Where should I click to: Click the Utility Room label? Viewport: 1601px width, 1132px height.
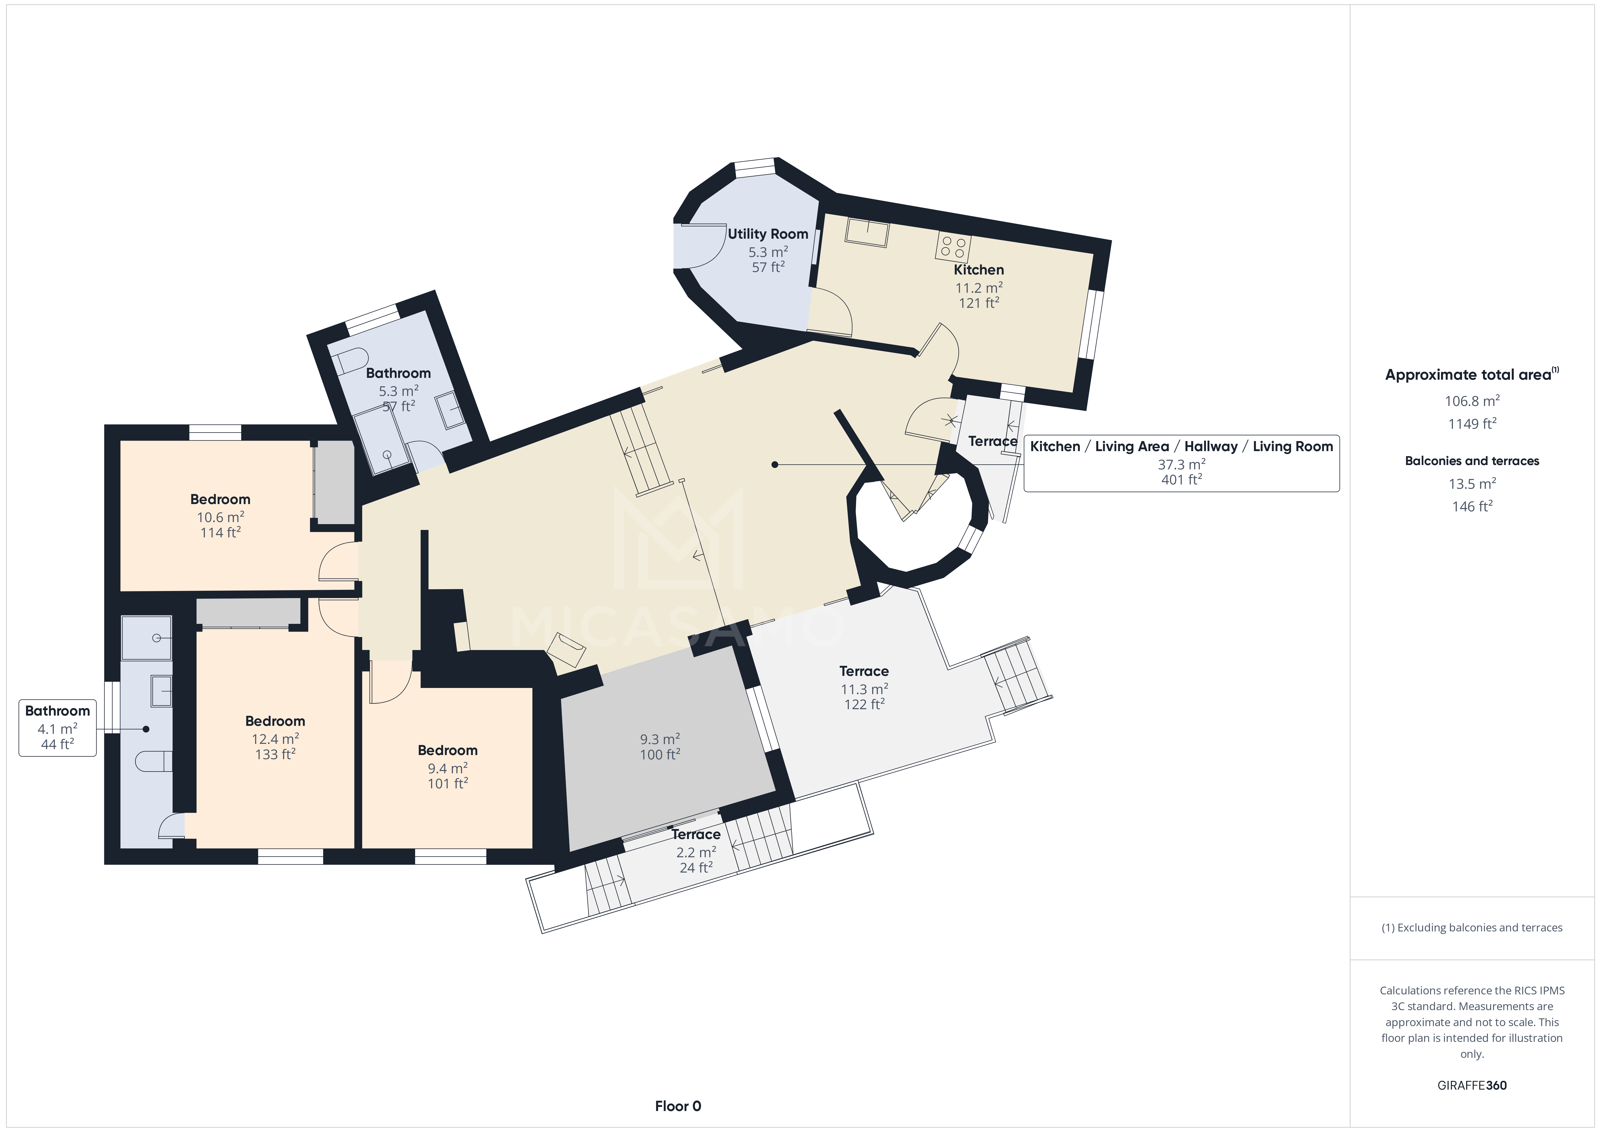pos(768,234)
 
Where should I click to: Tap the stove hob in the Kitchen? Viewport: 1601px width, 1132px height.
pos(953,246)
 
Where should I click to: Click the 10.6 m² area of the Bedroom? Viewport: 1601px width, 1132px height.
pos(220,517)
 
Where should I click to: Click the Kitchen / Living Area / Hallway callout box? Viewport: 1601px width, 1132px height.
pos(1181,463)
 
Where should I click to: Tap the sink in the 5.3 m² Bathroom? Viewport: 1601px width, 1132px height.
pos(450,410)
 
